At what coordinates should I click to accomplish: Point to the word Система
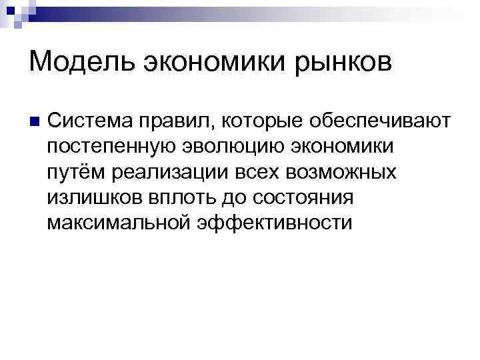click(x=91, y=121)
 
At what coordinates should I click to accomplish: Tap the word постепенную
click(x=114, y=146)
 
